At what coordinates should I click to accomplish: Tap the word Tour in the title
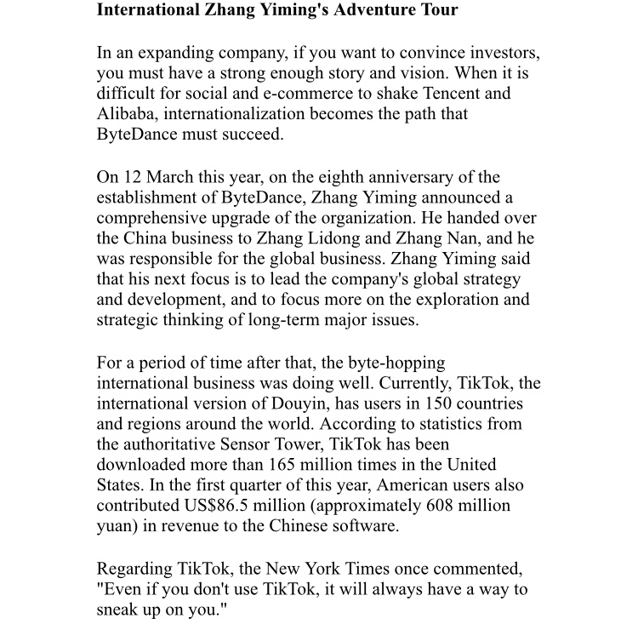click(437, 11)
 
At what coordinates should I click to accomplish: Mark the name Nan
click(485, 239)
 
